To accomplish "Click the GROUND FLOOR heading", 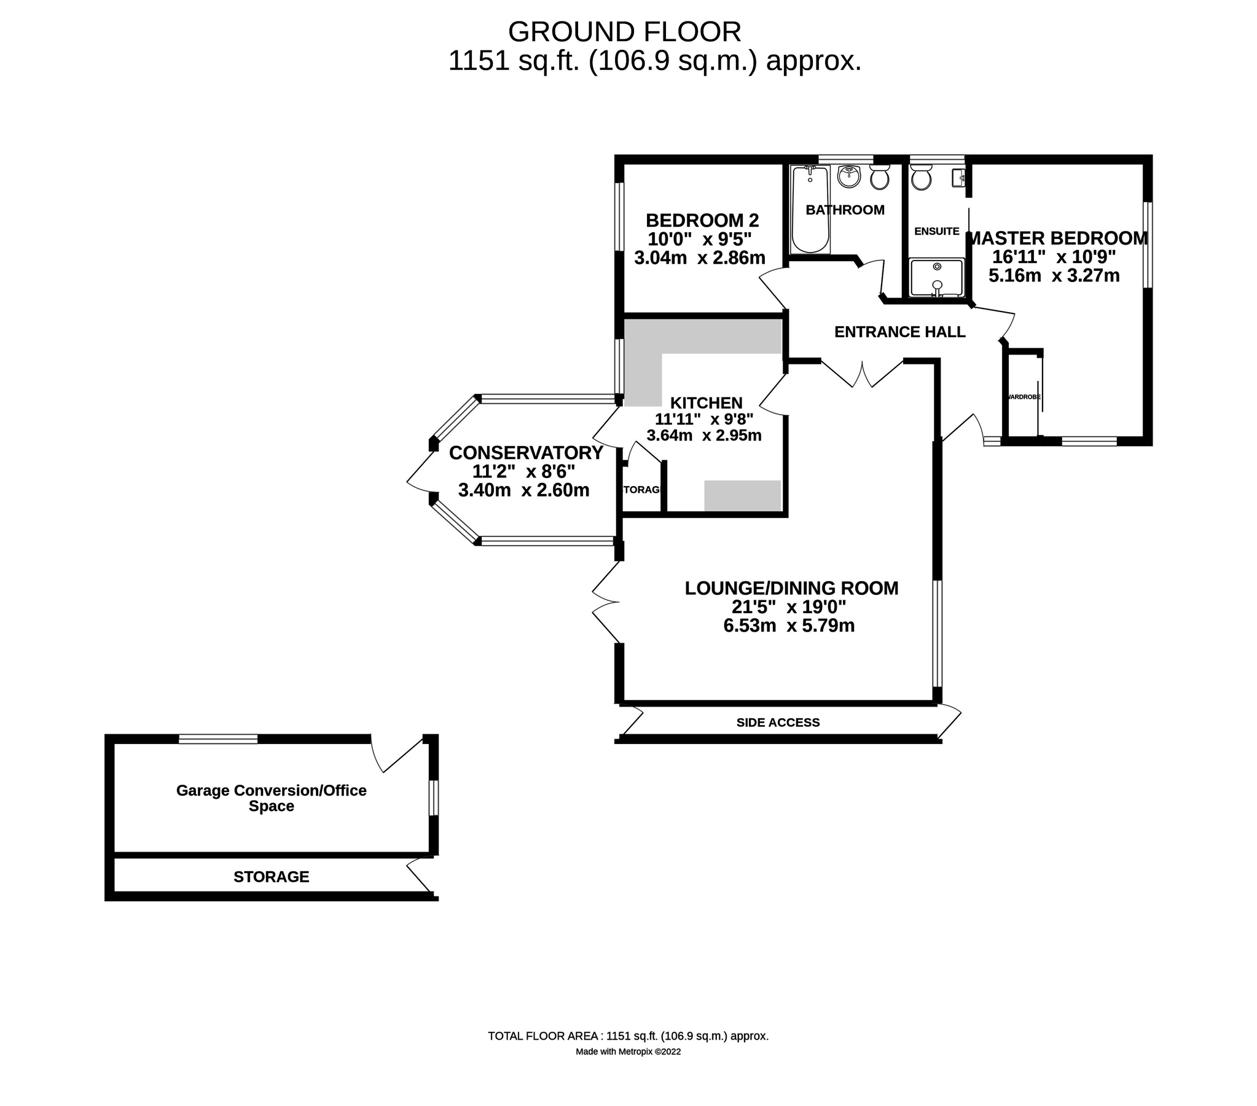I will click(624, 32).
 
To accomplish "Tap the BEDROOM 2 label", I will click(702, 220).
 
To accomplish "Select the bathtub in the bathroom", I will click(810, 210).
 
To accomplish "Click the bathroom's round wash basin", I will click(850, 176).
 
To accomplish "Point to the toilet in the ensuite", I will click(920, 178).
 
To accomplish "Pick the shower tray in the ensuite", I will click(936, 278).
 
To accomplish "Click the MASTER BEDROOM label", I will click(1057, 238).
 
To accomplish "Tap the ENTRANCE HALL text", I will click(899, 332).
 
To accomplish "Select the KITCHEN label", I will click(706, 403).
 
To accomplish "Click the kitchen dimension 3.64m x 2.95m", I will click(703, 436).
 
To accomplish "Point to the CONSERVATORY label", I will click(526, 453).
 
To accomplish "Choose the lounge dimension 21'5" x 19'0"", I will click(788, 607).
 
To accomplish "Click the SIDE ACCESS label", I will click(778, 722).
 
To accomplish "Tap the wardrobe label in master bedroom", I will click(1024, 398).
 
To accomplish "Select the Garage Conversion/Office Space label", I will click(271, 798).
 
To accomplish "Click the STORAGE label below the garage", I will click(271, 877).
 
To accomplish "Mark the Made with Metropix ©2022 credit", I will click(628, 1051).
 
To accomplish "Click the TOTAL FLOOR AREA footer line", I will click(628, 1036).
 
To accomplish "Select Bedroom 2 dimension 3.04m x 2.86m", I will click(699, 257).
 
